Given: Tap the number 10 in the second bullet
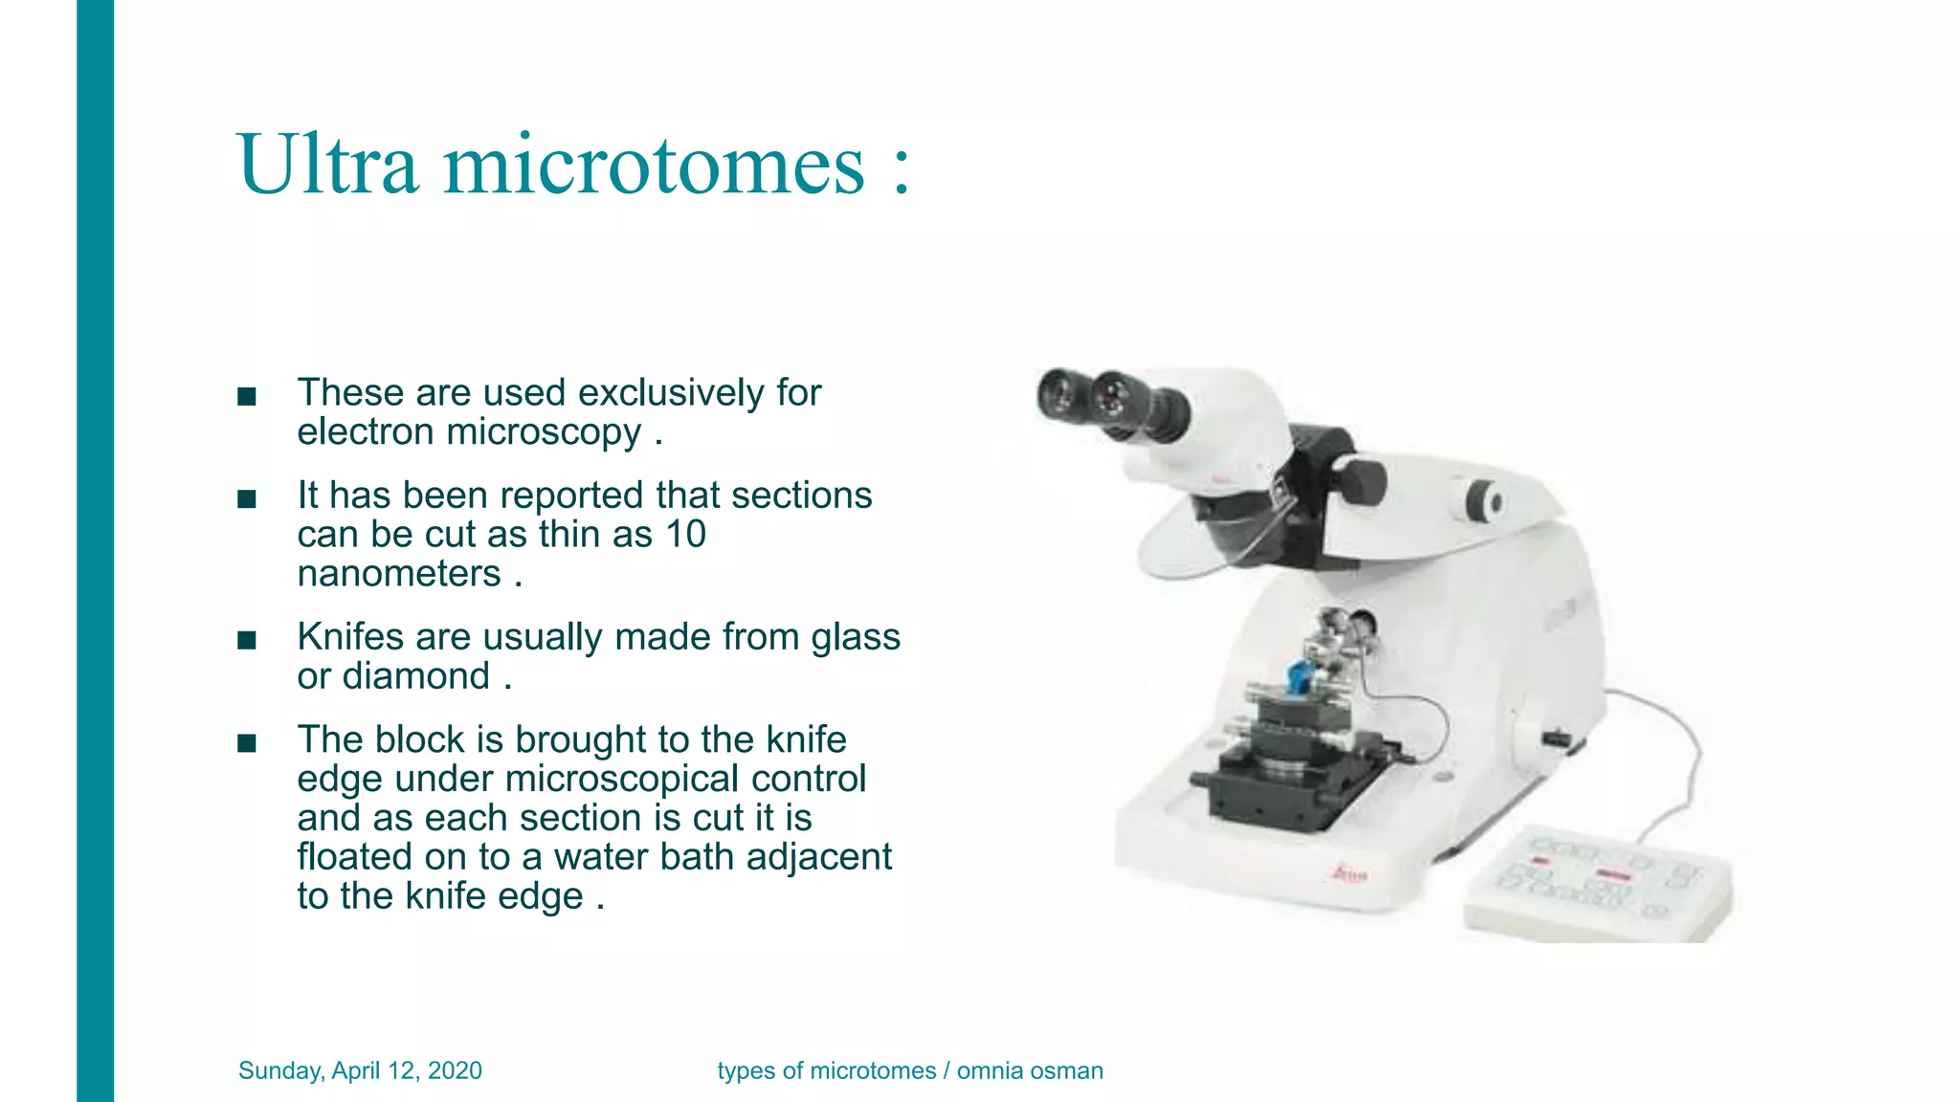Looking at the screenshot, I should point(685,534).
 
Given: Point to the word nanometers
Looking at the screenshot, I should point(399,573).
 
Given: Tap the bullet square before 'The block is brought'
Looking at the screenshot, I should point(247,742).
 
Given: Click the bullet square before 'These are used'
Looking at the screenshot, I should point(247,396).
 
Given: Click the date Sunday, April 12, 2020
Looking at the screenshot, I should point(360,1070).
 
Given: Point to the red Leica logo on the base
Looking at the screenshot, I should point(1350,873).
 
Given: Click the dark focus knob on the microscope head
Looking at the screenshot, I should point(1361,481).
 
